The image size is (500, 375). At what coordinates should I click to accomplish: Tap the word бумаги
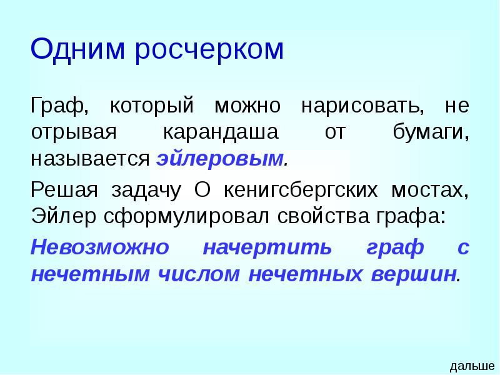click(431, 132)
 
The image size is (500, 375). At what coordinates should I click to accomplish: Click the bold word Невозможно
click(100, 247)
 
